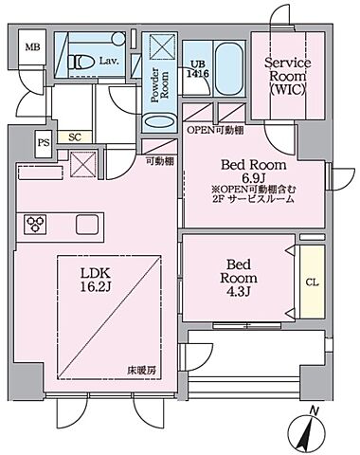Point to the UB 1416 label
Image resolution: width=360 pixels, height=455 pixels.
[198, 64]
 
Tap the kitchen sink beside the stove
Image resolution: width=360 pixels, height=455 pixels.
[85, 225]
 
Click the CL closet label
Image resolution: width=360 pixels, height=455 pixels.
[312, 282]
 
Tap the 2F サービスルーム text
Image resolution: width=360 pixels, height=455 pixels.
[253, 200]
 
